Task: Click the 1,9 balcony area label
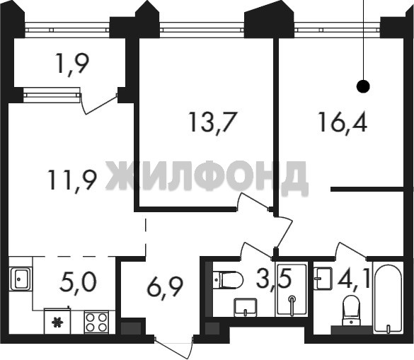pos(73,64)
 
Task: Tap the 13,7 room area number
pos(212,123)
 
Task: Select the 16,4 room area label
pos(343,122)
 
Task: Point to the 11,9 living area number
pos(71,180)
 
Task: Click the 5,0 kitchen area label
pos(78,282)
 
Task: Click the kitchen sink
pos(21,279)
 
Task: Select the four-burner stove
pos(96,323)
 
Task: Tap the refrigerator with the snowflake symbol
pos(57,321)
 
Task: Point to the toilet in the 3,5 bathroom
pos(228,280)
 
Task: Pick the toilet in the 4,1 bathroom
pos(351,310)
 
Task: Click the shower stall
pos(292,289)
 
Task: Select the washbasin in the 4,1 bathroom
pos(323,279)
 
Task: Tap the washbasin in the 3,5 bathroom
pos(246,307)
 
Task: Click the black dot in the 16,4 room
pos(363,86)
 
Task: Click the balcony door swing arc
pos(98,105)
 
